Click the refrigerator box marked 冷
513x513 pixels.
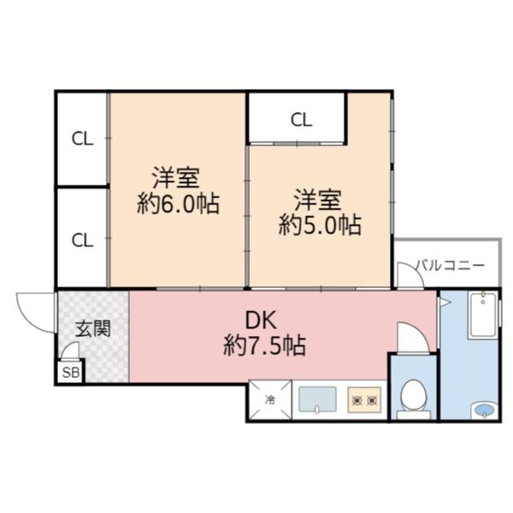(x=270, y=399)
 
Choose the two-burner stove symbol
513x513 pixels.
(x=367, y=399)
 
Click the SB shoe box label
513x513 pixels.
(x=70, y=372)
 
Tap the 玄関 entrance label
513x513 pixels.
(x=91, y=328)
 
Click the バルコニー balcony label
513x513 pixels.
(x=451, y=265)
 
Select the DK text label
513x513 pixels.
(x=261, y=321)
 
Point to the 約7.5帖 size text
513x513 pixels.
(x=265, y=346)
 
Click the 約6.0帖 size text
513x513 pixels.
(x=177, y=204)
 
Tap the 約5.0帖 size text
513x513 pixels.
(x=319, y=225)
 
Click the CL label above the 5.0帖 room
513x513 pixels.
(x=300, y=120)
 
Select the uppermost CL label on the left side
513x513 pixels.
(x=82, y=139)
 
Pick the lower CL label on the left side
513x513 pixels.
(x=82, y=239)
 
